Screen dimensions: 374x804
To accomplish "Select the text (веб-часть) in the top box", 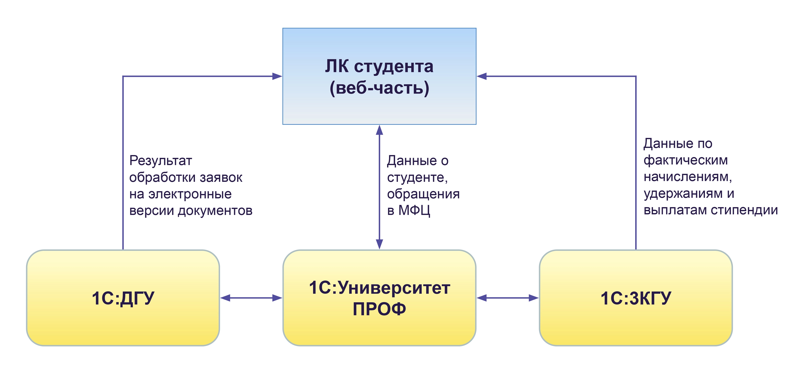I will [379, 88].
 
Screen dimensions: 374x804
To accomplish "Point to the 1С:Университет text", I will [379, 288].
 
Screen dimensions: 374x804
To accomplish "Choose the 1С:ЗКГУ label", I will [636, 298].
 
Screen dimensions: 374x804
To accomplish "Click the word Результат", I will [160, 161].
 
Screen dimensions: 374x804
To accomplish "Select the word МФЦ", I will [414, 211].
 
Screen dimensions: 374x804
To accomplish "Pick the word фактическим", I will [686, 160].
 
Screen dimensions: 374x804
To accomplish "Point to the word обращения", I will [423, 194].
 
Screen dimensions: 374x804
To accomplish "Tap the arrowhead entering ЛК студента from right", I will [482, 76].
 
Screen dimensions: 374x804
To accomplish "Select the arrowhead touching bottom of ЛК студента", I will [379, 130].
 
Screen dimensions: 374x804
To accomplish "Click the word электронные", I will [190, 194].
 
